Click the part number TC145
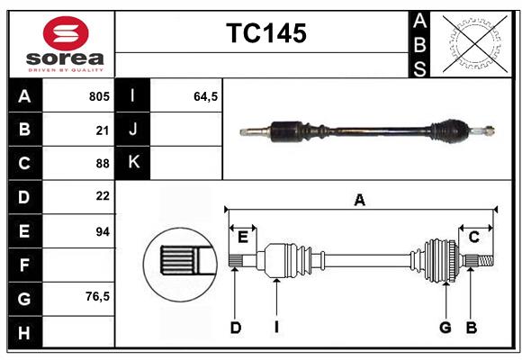click(265, 33)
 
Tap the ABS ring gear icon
click(473, 42)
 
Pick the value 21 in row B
click(102, 130)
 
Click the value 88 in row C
click(102, 163)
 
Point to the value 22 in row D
click(102, 196)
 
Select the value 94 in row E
click(102, 231)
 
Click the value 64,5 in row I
click(206, 96)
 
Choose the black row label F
click(23, 265)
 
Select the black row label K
click(133, 163)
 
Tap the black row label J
click(133, 130)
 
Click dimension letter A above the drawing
click(360, 201)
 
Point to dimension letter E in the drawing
click(242, 237)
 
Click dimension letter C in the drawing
click(473, 237)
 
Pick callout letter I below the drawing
click(277, 328)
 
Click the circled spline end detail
click(179, 262)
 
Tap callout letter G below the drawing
click(445, 328)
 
